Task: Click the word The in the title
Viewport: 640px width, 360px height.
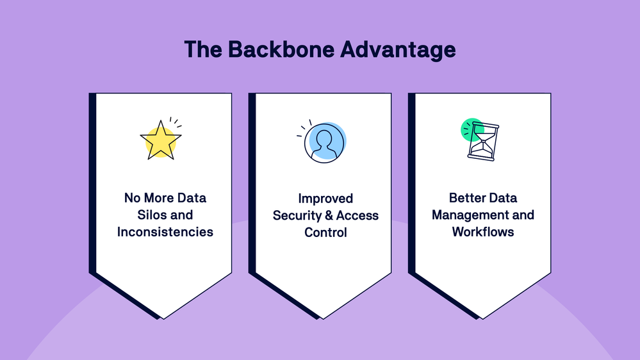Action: click(x=204, y=50)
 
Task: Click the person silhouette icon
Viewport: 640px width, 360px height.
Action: click(x=324, y=142)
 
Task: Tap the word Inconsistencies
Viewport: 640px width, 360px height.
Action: click(x=165, y=232)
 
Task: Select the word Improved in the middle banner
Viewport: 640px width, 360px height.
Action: click(x=325, y=199)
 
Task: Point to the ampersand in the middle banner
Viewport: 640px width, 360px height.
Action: click(x=329, y=215)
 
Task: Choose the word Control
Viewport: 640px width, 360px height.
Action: click(x=325, y=232)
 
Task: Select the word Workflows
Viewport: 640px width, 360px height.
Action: click(x=483, y=231)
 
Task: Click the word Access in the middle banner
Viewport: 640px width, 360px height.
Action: click(x=357, y=215)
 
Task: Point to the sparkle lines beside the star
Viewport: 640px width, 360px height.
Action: click(x=175, y=122)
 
